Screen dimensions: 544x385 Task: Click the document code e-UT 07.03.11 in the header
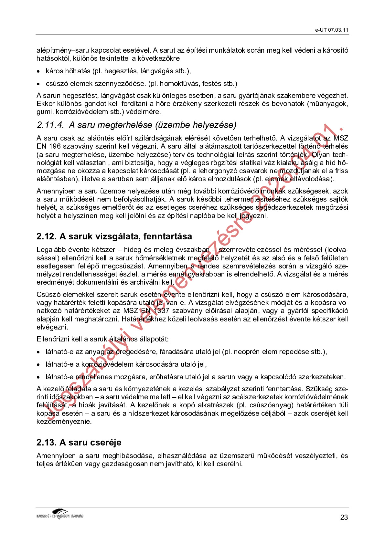(x=332, y=30)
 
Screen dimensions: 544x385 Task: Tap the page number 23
(x=344, y=517)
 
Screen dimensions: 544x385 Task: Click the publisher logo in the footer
(x=60, y=514)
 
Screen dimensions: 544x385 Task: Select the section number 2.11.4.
(x=50, y=125)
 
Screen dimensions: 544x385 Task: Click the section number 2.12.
(x=46, y=236)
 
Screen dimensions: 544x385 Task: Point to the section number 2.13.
(x=46, y=443)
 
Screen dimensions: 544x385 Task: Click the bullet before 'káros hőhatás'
(x=38, y=71)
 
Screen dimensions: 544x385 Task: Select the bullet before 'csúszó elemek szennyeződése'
(x=38, y=84)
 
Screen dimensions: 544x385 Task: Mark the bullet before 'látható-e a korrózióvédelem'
(x=38, y=365)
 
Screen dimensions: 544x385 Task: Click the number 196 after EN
(x=55, y=146)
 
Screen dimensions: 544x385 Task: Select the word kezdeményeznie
(x=64, y=422)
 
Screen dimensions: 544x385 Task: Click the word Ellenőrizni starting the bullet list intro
(x=53, y=339)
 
